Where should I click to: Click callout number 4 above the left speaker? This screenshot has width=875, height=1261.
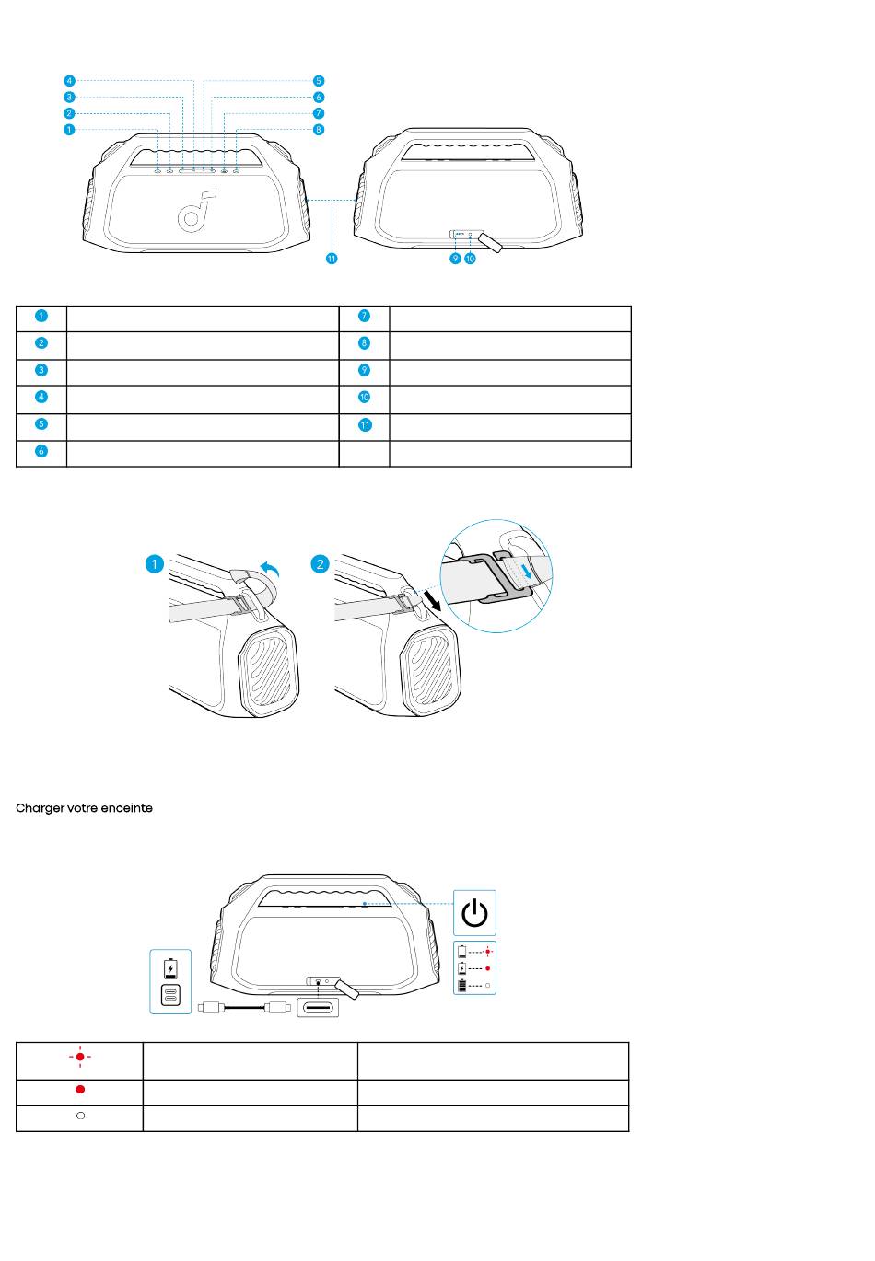(x=69, y=81)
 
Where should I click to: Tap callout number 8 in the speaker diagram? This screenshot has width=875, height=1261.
(x=319, y=130)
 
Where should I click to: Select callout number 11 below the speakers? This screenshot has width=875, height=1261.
(x=332, y=259)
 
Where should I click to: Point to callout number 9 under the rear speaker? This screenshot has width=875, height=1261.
(x=455, y=259)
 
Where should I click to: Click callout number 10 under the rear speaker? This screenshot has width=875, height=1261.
(x=470, y=259)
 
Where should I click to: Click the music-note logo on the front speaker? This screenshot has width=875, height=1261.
(x=195, y=211)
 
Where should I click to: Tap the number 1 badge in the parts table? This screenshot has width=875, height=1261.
(x=41, y=316)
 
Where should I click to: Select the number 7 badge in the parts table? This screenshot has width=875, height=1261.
(x=364, y=316)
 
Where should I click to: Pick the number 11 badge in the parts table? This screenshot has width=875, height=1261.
(x=365, y=425)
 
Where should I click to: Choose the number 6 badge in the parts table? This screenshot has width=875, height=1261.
(x=41, y=451)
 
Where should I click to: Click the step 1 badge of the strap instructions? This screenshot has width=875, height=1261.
(x=155, y=564)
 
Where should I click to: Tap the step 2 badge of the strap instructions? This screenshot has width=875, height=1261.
(x=320, y=564)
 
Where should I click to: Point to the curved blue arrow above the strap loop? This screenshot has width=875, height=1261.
(x=270, y=569)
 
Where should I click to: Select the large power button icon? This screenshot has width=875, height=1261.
(x=474, y=912)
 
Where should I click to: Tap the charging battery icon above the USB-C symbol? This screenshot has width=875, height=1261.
(x=170, y=967)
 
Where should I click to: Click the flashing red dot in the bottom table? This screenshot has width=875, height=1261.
(x=80, y=1057)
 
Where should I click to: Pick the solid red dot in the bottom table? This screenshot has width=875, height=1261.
(x=80, y=1089)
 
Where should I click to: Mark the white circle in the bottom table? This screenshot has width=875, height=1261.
(x=80, y=1116)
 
